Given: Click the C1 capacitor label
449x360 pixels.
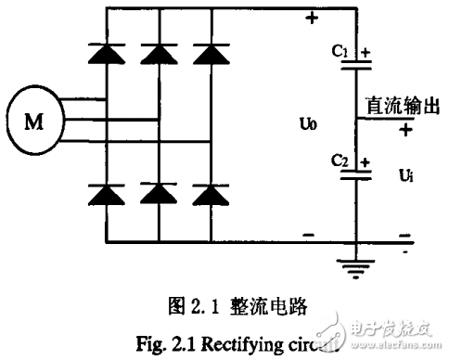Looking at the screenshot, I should click(x=339, y=53).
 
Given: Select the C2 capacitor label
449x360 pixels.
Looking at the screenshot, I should click(x=340, y=160).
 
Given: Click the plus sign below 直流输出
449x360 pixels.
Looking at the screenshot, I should click(x=405, y=130).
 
